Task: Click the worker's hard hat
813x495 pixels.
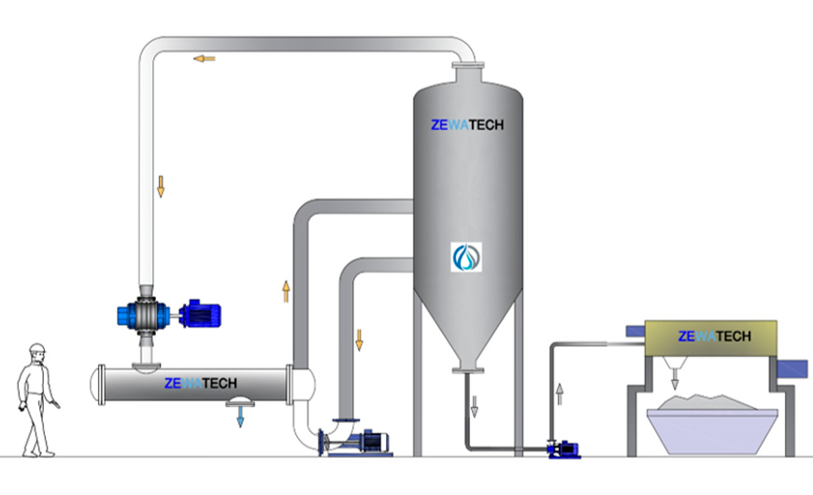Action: pos(37,347)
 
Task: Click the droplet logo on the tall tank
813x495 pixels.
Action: pos(466,257)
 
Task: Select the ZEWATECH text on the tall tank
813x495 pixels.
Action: pos(467,125)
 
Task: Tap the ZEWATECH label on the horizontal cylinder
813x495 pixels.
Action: pos(201,384)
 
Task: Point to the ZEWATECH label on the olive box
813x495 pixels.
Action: pos(715,336)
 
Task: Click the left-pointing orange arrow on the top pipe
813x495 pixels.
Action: pos(205,59)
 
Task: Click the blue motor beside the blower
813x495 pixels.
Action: pos(200,314)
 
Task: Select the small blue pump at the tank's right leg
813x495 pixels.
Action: pos(563,449)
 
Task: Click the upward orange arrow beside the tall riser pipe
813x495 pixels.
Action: pos(286,291)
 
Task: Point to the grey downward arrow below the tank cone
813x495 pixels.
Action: pos(474,406)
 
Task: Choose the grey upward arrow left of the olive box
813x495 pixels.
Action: pos(560,394)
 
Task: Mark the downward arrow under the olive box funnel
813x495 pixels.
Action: pos(675,383)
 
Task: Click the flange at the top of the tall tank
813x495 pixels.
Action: pos(467,65)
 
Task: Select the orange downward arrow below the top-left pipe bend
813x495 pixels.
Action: pos(161,187)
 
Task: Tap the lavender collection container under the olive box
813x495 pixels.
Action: pos(712,431)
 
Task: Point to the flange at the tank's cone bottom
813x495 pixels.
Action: pos(467,370)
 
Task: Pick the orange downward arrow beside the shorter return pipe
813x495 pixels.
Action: pos(359,340)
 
